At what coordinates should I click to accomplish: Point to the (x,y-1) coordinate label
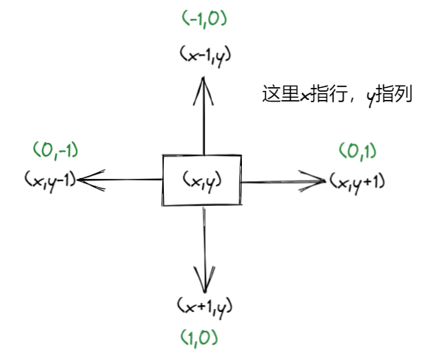tap(50, 180)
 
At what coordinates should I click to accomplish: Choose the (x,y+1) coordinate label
tap(357, 180)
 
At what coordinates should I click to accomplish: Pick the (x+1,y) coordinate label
tap(205, 306)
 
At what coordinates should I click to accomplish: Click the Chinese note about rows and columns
tap(337, 95)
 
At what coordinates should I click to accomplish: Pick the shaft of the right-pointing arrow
tap(278, 180)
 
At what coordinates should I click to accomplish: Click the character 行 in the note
tap(342, 95)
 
